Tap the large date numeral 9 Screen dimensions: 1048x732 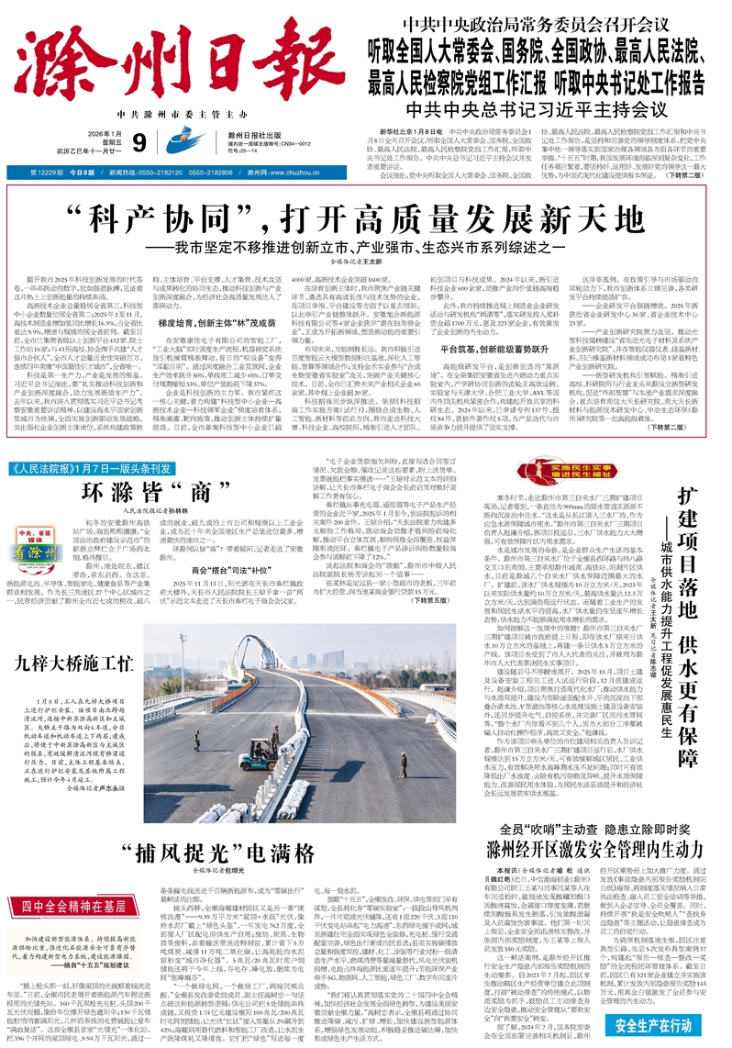click(139, 142)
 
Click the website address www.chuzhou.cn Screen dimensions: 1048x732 click(297, 172)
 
